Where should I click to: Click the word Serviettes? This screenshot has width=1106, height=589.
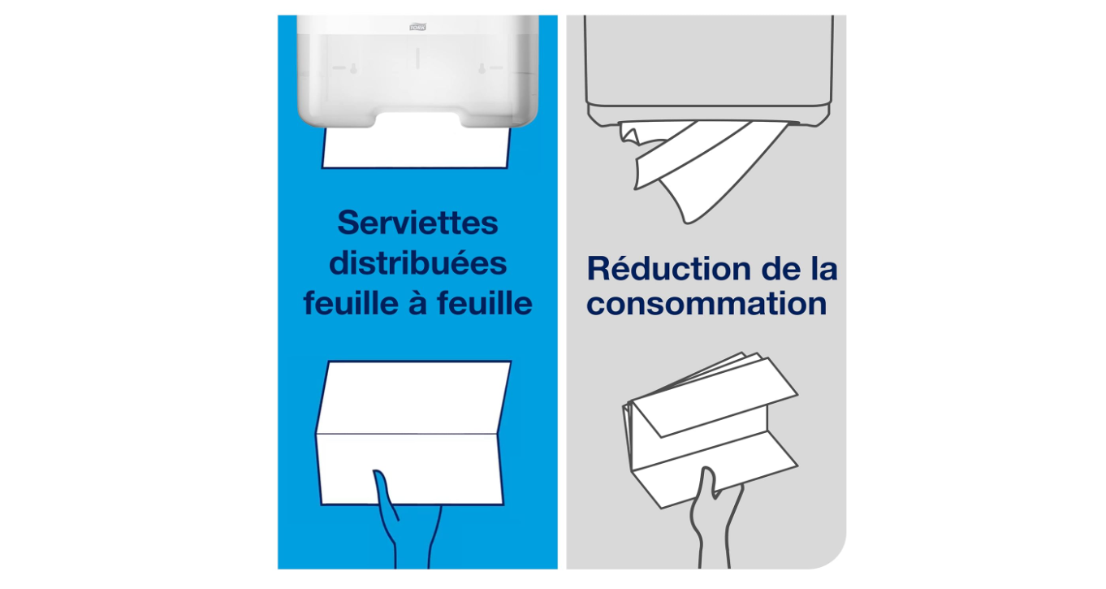point(417,223)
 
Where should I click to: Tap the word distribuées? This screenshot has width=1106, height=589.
point(417,263)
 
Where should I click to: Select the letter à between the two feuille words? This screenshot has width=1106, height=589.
point(417,302)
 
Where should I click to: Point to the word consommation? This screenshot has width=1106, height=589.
point(706,303)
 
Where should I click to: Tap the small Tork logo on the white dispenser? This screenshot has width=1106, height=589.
point(417,27)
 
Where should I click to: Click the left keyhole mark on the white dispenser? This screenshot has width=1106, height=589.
point(353,69)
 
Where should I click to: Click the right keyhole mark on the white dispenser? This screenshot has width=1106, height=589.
point(482,69)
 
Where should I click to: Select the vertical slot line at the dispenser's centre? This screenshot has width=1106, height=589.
point(417,58)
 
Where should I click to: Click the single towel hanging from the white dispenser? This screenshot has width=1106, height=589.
point(416,148)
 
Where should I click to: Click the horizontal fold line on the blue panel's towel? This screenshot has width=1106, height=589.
point(406,435)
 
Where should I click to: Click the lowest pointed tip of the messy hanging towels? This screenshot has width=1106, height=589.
point(688,223)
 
